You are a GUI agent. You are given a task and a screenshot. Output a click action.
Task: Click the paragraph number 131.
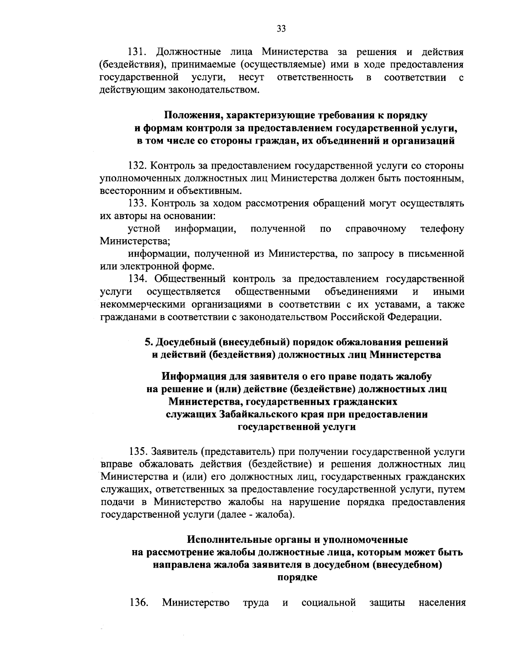point(138,52)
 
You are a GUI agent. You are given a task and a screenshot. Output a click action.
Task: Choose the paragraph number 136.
point(138,603)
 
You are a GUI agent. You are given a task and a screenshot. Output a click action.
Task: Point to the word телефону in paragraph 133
point(442,228)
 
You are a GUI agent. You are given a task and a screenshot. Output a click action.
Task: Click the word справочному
point(376,228)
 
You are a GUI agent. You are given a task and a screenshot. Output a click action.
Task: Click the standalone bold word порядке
point(297,577)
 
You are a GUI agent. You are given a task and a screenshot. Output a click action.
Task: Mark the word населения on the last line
point(442,603)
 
